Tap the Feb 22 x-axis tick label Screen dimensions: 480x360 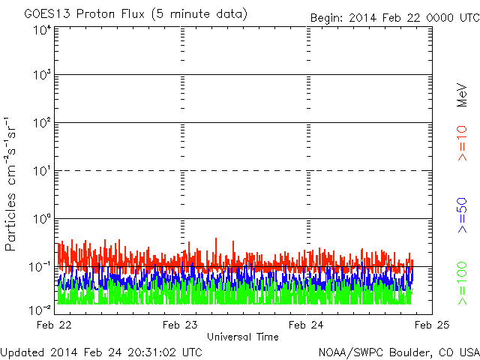(x=54, y=325)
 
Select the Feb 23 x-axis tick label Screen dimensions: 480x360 (x=180, y=325)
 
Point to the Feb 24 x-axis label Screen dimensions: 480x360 (x=306, y=325)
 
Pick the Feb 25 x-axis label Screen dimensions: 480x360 (x=432, y=325)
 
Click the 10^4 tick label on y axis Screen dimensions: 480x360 (x=42, y=31)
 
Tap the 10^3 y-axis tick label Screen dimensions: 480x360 (x=42, y=75)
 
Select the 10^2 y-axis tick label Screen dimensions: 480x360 (x=42, y=123)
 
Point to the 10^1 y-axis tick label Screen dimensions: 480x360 (x=42, y=171)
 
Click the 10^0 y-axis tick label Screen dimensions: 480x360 (x=42, y=219)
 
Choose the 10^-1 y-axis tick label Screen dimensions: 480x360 (x=40, y=267)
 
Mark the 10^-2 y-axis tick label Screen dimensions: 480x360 (x=40, y=310)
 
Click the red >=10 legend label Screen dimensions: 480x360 (x=462, y=143)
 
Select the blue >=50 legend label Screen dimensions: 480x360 (x=462, y=215)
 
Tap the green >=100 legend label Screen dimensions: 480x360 (x=462, y=283)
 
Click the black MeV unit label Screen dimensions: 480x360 (x=462, y=95)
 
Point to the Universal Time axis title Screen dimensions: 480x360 (x=243, y=337)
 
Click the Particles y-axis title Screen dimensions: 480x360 (x=10, y=222)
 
